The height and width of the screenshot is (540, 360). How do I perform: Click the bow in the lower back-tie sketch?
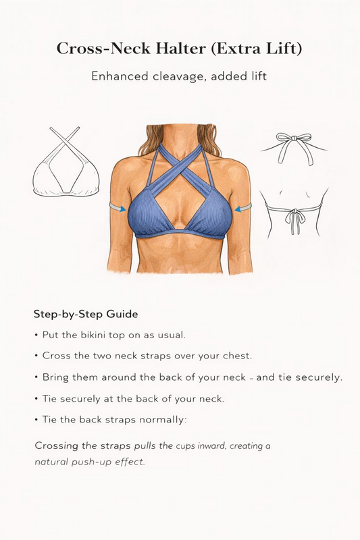pos(293,217)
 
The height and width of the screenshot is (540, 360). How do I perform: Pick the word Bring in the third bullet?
pos(55,377)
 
